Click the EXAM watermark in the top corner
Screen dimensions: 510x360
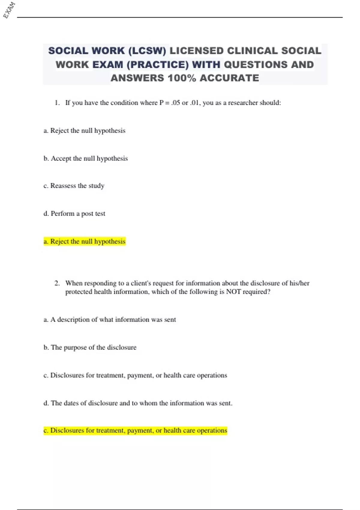[x=9, y=10]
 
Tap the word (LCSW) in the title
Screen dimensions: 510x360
[x=147, y=51]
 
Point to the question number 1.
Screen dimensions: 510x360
[x=57, y=103]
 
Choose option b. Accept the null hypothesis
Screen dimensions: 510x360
[x=85, y=158]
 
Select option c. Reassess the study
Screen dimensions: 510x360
[x=74, y=186]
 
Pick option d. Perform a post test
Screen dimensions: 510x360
[x=74, y=214]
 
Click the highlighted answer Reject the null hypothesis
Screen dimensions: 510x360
[x=85, y=241]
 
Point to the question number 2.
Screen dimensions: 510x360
[x=57, y=283]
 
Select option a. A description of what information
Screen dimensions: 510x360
[x=109, y=319]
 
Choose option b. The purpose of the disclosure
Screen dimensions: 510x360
[x=90, y=347]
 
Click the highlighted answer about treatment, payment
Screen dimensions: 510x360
[x=135, y=430]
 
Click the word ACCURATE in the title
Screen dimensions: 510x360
[x=229, y=78]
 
